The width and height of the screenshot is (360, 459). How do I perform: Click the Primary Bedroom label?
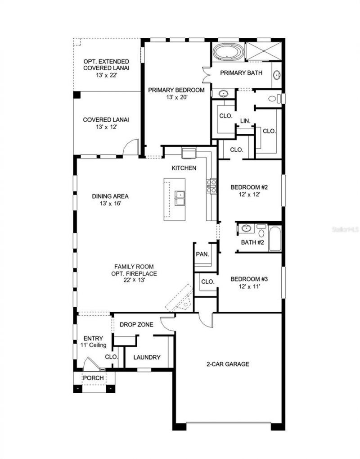pos(176,90)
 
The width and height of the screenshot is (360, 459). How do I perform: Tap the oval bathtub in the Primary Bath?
pos(229,52)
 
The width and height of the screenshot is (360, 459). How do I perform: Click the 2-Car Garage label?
pos(228,364)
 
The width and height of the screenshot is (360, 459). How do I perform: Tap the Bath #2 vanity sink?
pos(246,229)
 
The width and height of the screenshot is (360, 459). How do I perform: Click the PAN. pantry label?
pos(202,254)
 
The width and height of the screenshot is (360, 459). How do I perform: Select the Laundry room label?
pos(147,357)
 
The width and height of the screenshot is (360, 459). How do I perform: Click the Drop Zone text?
pos(136,324)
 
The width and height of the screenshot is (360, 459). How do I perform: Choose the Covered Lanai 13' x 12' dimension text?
pos(106,127)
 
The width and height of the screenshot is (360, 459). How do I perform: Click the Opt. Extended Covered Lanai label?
pos(106,64)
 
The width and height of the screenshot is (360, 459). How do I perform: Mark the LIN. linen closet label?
pos(245,121)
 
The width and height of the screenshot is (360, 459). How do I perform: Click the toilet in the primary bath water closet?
pos(272,99)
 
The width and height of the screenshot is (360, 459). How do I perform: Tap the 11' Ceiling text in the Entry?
pos(94,345)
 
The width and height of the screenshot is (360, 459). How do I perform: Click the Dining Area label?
pos(110,196)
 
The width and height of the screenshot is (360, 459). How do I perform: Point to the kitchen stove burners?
pos(211,186)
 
